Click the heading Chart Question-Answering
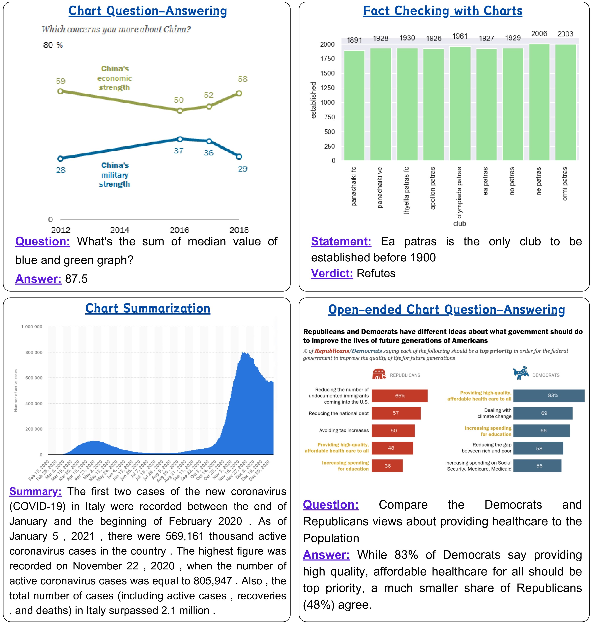click(147, 11)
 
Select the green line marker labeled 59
click(60, 91)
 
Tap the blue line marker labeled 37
click(180, 139)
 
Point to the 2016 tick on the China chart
click(179, 230)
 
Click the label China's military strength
click(115, 175)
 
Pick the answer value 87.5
click(76, 279)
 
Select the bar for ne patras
click(539, 102)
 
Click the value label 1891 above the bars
click(354, 40)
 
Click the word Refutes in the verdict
click(376, 273)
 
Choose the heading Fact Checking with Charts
click(442, 11)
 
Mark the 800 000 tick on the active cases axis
click(34, 352)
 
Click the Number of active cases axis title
click(16, 390)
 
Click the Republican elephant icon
click(379, 374)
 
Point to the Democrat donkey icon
click(521, 373)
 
